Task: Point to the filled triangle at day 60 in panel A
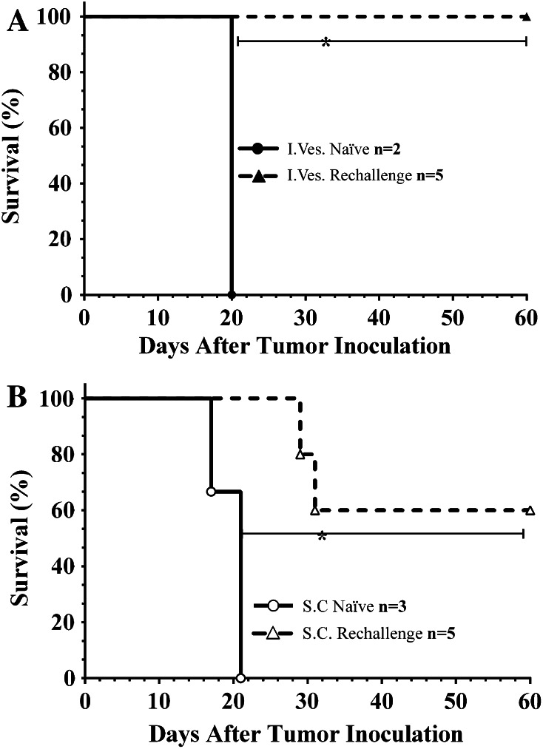tap(525, 16)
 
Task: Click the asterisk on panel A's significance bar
tap(325, 44)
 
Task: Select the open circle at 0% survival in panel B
tap(240, 677)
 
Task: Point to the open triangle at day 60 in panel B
tap(530, 510)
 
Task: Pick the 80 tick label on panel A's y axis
tap(64, 72)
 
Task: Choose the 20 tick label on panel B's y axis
tap(64, 623)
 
